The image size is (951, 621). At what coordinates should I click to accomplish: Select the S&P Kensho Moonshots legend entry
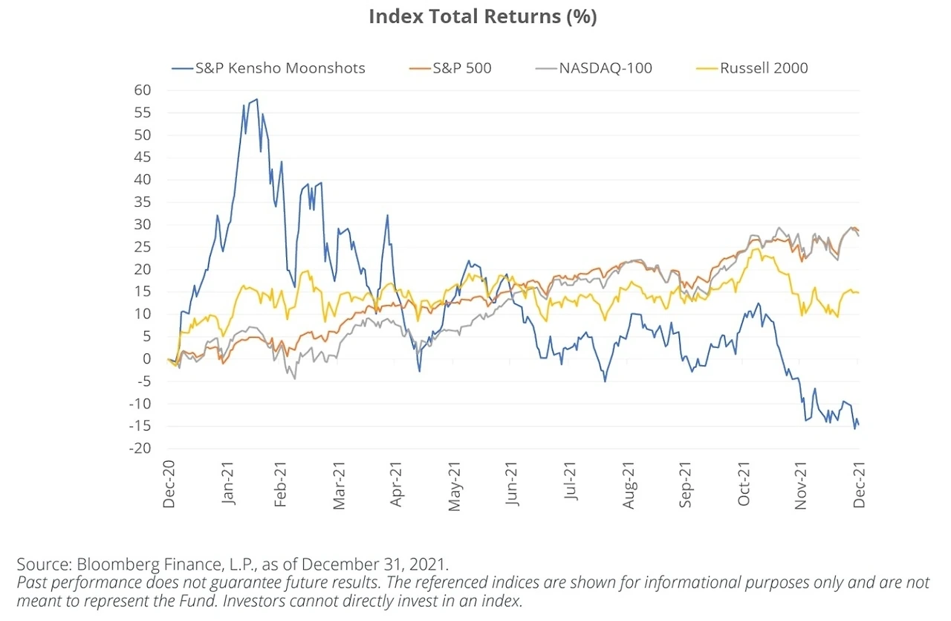[279, 68]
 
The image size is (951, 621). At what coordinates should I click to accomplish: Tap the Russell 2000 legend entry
[763, 68]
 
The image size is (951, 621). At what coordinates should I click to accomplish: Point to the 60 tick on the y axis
[143, 90]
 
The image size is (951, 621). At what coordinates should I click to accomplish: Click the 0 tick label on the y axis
[147, 358]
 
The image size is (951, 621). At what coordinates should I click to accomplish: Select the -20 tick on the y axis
[141, 448]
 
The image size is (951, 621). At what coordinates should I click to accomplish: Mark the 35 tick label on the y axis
[143, 202]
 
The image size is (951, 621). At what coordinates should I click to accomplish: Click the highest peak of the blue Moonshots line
[256, 99]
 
